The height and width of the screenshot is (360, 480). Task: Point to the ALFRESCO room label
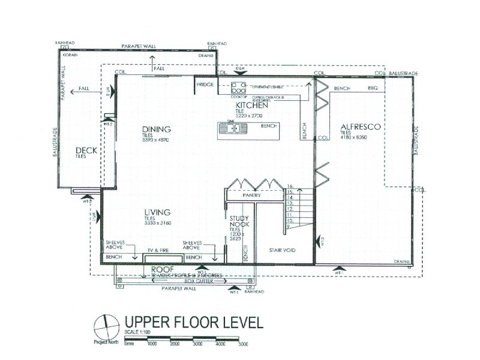pos(361,127)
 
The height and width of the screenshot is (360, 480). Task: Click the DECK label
pos(86,150)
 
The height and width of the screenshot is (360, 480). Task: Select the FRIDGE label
pos(205,85)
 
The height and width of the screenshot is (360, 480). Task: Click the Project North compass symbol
pos(106,328)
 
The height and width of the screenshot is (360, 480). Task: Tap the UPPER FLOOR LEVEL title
pos(193,322)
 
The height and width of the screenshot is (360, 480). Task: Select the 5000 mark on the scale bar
pos(242,344)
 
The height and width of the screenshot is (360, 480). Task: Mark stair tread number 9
pos(290,227)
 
